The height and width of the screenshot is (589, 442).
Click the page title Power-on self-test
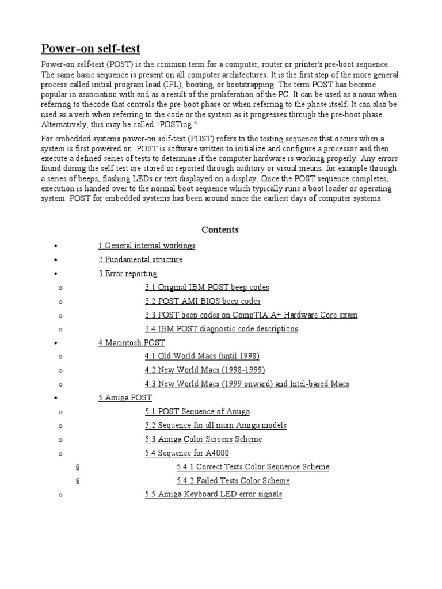coord(90,48)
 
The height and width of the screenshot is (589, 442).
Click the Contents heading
coord(220,230)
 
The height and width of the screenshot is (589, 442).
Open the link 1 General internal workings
coord(147,246)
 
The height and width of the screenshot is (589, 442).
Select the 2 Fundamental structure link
coord(140,259)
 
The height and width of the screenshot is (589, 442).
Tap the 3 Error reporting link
coord(128,273)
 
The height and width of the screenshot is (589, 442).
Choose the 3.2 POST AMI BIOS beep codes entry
coord(203,301)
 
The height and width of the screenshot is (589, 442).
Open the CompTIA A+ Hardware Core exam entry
coord(251,315)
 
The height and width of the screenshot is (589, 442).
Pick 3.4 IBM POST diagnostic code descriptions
coord(221,328)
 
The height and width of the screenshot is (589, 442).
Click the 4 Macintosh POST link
coord(131,342)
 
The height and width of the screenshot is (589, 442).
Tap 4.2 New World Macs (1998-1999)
coord(205,370)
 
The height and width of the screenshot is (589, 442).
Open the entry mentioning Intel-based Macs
coord(247,384)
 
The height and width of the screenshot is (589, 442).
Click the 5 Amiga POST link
coord(125,397)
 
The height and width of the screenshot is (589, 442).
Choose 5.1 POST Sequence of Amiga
coord(197,411)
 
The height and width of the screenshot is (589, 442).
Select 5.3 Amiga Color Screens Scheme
coord(203,439)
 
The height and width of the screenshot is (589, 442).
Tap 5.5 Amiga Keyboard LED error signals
coord(213,494)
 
